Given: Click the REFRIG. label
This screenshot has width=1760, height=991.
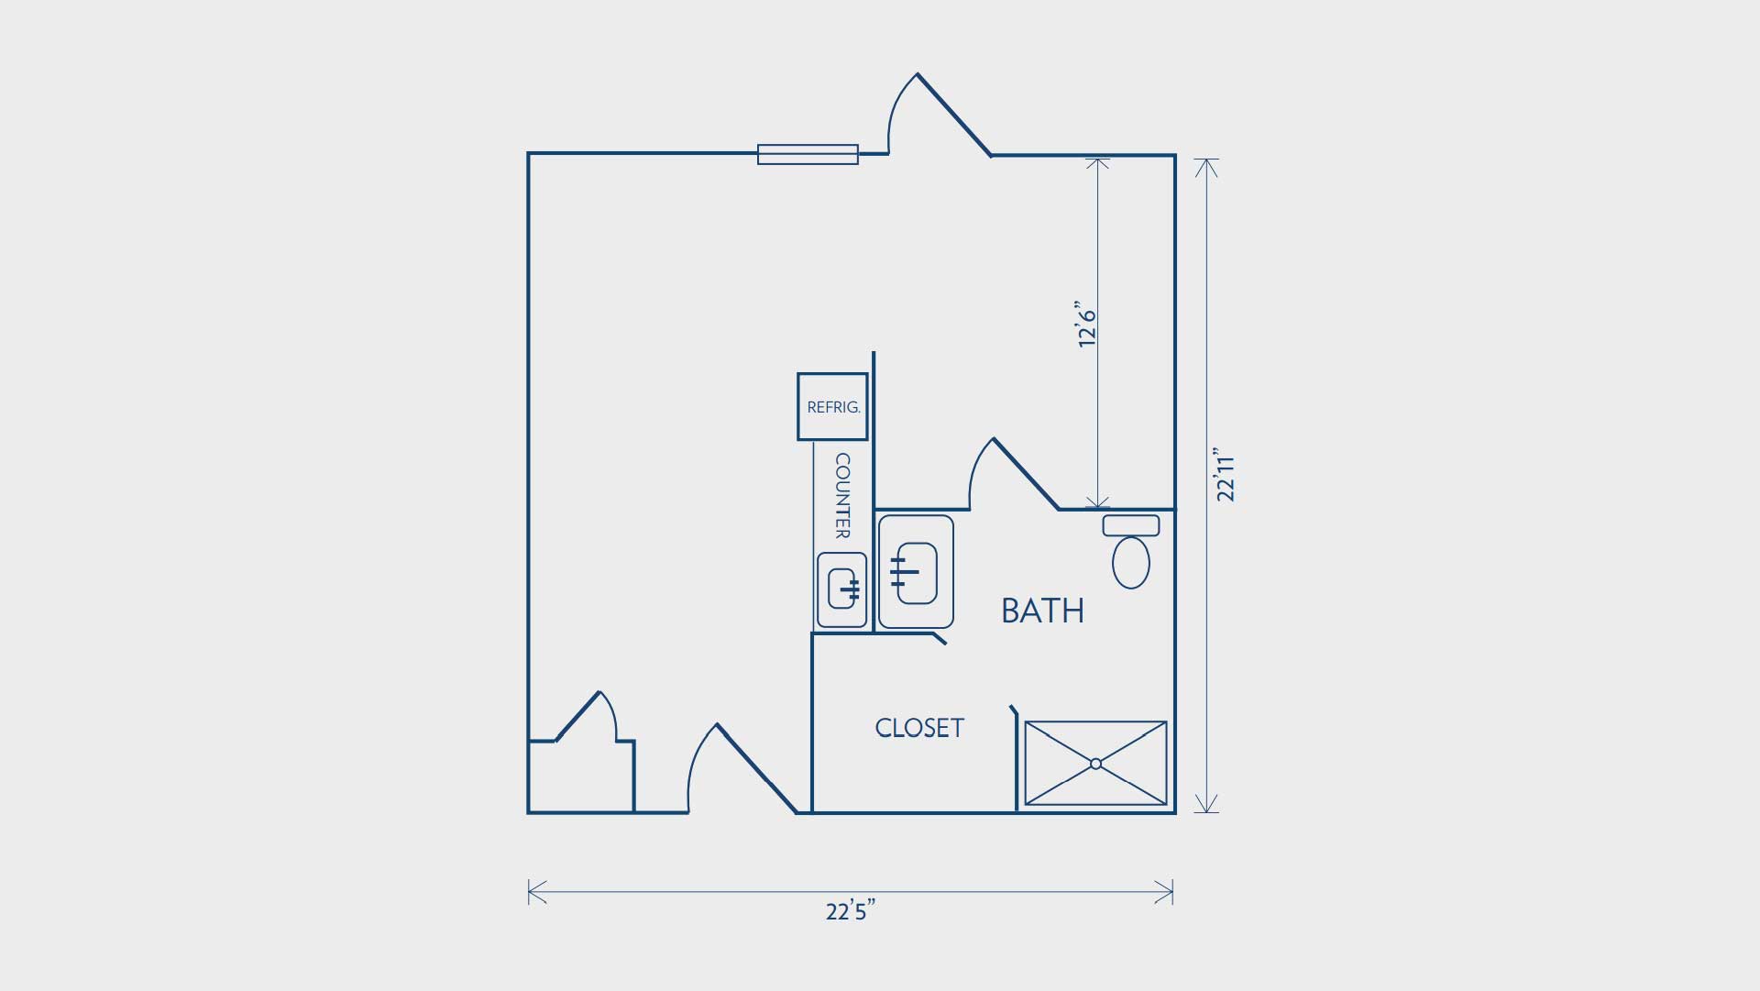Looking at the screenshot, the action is [833, 408].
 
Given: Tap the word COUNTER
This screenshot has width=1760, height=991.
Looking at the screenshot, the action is [842, 496].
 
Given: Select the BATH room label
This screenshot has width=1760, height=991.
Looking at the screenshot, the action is [1042, 611].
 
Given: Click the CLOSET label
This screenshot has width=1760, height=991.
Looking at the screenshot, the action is [919, 728].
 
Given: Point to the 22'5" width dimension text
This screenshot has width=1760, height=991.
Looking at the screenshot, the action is [851, 911].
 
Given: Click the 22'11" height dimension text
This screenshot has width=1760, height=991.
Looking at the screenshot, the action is [1225, 475].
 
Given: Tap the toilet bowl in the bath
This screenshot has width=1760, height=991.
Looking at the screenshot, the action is [1131, 562].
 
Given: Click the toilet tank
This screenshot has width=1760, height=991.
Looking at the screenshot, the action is [1131, 525].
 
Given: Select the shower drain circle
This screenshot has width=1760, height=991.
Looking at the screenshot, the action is [1095, 764].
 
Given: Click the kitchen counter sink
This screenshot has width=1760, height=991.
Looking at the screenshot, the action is [842, 589].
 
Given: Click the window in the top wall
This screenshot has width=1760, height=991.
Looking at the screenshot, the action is [808, 154].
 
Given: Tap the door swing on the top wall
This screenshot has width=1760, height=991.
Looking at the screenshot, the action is [939, 115].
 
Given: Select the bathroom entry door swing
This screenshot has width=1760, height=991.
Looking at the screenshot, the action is [1014, 473].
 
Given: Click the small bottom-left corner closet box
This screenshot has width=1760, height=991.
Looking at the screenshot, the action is [581, 776].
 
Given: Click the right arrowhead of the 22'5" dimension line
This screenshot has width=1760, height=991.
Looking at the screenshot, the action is [1164, 891].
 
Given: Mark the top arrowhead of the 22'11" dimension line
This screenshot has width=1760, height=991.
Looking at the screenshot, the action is [1207, 169].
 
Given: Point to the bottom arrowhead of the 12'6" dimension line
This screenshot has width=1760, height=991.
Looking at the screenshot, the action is [1097, 500].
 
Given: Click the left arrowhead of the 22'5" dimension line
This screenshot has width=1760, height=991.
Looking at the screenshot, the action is [538, 891].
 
